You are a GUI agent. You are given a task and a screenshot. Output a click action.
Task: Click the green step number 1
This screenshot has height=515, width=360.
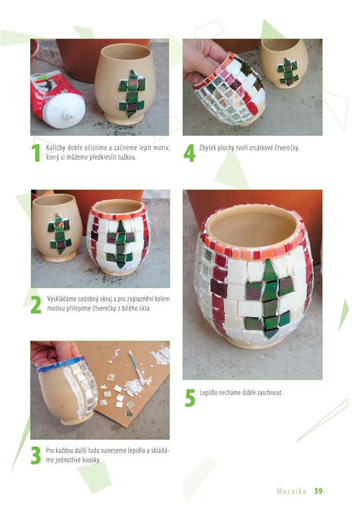35,153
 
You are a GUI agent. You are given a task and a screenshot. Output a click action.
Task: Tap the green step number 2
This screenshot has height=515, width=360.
36,305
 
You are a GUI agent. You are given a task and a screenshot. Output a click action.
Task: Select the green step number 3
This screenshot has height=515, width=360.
36,455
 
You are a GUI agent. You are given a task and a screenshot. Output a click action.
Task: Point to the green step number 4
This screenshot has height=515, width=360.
189,153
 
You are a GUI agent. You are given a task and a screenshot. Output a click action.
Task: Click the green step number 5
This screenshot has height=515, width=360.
190,398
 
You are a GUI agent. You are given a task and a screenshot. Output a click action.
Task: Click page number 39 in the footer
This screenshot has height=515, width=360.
318,491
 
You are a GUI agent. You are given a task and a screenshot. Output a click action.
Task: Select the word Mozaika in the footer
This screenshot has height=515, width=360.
292,491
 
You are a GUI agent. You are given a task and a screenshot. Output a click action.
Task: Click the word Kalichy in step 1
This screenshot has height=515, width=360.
56,148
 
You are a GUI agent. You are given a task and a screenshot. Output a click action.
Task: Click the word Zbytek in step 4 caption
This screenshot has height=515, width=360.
208,148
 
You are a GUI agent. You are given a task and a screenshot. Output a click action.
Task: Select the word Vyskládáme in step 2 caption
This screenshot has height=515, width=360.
62,299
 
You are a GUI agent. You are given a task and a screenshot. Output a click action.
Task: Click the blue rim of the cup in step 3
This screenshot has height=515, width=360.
61,365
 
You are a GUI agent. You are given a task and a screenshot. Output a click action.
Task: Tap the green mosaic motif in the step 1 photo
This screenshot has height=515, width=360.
132,94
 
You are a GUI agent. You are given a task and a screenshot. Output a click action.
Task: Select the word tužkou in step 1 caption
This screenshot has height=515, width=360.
127,157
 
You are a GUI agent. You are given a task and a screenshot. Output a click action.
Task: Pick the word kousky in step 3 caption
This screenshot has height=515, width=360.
91,460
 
